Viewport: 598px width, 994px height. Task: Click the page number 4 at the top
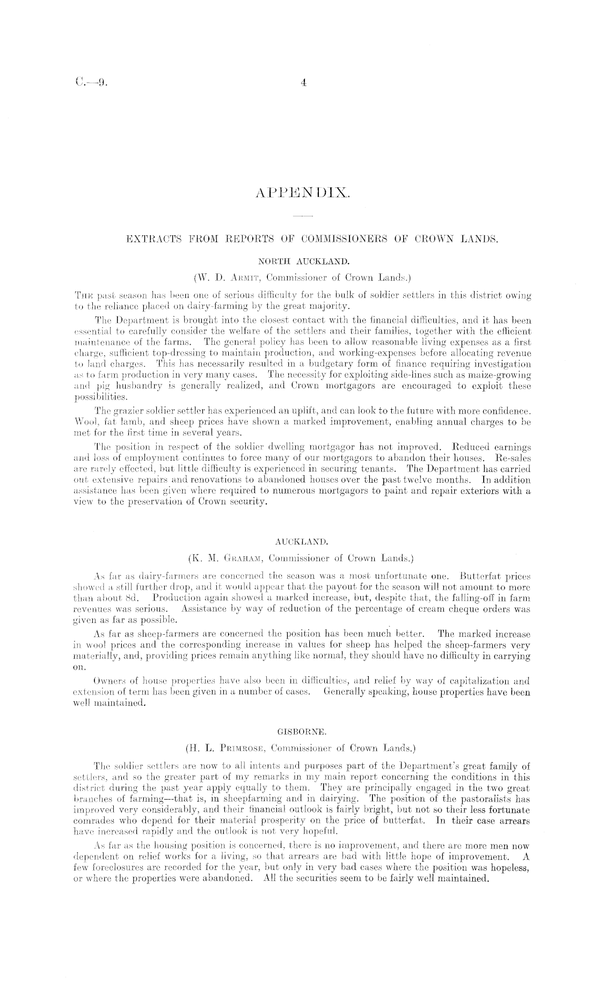pyautogui.click(x=303, y=83)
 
